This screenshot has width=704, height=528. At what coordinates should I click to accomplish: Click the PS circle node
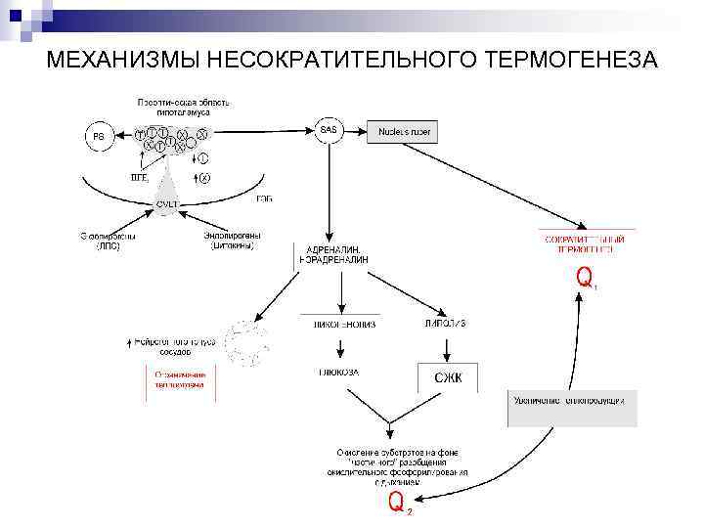coord(99,137)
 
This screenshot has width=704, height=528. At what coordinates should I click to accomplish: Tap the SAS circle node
coord(328,130)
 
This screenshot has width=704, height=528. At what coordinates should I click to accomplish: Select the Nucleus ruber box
coord(405,131)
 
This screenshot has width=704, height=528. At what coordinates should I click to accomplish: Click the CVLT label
coord(169,203)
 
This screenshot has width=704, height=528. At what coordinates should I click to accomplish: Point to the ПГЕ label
coord(140,178)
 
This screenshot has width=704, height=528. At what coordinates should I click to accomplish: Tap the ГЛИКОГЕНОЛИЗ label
coord(338,324)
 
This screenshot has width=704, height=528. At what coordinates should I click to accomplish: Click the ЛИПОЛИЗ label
coord(446,324)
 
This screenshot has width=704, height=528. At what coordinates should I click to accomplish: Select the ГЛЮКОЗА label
coord(338,372)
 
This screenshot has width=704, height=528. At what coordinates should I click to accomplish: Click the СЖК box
coord(448,378)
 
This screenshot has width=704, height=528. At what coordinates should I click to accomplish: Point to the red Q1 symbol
coord(586,279)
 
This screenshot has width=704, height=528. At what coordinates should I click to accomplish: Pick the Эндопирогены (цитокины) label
coord(232,242)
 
